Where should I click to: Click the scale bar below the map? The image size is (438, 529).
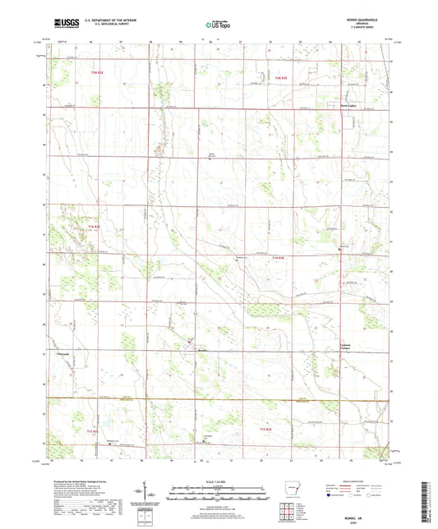coord(219,494)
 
